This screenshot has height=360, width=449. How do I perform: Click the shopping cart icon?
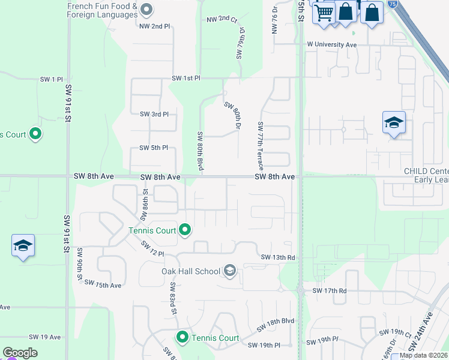(324, 11)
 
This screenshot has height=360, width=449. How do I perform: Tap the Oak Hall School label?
(190, 271)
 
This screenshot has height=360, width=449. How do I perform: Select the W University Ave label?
(332, 44)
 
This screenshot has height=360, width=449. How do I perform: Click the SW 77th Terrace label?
(261, 145)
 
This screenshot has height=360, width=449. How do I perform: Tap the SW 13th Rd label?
(278, 257)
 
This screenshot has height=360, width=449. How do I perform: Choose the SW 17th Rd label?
(330, 290)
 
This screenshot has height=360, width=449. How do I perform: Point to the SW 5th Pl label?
(153, 148)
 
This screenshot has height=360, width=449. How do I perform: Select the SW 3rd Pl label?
(154, 114)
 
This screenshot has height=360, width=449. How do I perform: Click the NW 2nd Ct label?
(222, 20)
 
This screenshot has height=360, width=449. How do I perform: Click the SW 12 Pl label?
(152, 249)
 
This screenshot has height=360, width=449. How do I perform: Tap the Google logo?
(20, 353)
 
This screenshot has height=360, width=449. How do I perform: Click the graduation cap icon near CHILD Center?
(394, 123)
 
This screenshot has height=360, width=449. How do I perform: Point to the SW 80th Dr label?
(233, 116)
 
